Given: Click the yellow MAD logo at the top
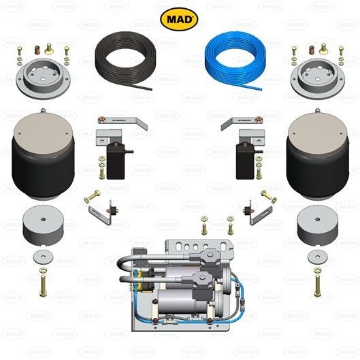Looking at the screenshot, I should tap(180, 18).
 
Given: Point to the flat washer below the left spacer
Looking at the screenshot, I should tap(44, 257).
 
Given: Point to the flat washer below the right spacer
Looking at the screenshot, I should tap(316, 257).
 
